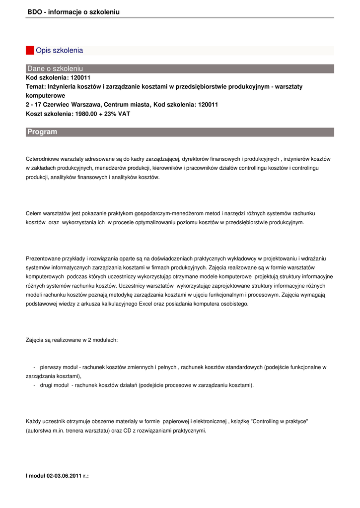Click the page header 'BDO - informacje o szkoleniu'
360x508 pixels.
point(73,12)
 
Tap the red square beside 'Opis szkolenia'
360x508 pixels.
point(30,50)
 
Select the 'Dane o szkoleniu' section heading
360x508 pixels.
point(55,68)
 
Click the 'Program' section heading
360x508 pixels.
point(42,132)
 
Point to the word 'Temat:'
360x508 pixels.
point(36,86)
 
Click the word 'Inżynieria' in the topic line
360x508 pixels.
point(63,86)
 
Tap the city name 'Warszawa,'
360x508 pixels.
point(86,105)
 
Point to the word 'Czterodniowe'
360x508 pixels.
point(42,159)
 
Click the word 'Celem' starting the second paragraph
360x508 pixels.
point(34,213)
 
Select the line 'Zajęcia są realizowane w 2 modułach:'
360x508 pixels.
point(72,340)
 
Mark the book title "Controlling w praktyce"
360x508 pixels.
point(280,421)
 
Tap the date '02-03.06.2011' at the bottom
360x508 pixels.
point(65,476)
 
